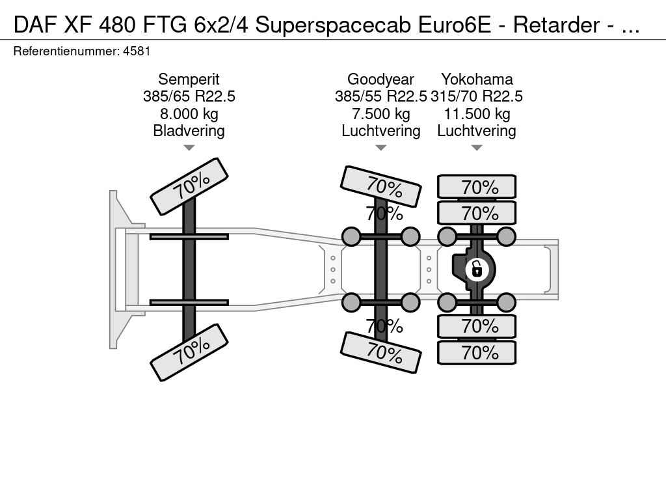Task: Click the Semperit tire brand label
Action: tap(189, 79)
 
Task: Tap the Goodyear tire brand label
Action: tap(380, 79)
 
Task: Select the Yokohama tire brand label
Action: tap(477, 79)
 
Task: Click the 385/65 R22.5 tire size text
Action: tap(189, 96)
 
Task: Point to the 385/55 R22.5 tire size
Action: tap(380, 96)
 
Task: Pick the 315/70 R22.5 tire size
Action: tap(477, 96)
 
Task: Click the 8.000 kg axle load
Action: tap(189, 114)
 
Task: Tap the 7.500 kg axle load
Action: tap(380, 114)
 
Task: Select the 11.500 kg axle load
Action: tap(477, 114)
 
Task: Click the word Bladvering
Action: tap(189, 131)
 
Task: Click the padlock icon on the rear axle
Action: tap(477, 268)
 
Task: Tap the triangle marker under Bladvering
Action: tap(189, 148)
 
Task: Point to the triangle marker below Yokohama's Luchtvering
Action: tap(477, 148)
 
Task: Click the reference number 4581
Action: tap(137, 51)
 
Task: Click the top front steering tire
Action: tap(189, 186)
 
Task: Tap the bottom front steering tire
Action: tap(189, 352)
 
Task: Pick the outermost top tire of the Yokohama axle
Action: tap(477, 187)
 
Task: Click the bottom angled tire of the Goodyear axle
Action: tap(380, 352)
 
